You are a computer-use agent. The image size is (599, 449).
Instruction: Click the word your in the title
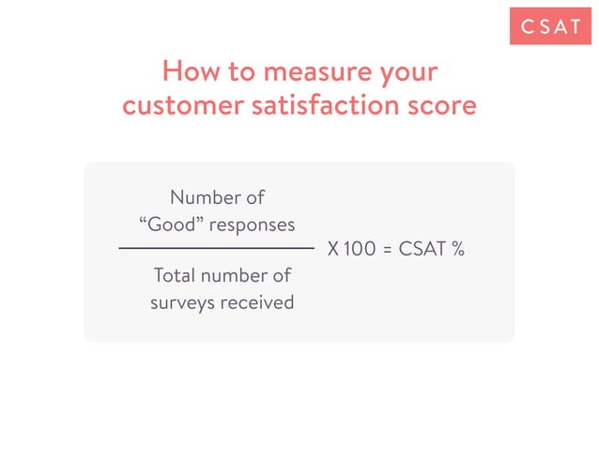tap(406, 73)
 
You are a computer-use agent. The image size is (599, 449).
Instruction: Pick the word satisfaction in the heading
tap(320, 104)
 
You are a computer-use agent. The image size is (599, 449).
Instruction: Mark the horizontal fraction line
tap(217, 248)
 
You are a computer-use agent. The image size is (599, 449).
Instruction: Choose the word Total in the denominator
tap(174, 276)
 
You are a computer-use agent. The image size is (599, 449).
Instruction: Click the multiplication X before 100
tap(333, 251)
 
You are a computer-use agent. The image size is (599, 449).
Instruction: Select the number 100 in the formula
tap(359, 251)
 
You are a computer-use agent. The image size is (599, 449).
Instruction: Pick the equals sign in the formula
tap(388, 251)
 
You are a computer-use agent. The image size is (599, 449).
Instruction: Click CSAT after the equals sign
tap(422, 251)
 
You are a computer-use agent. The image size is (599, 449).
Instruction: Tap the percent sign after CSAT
tap(459, 251)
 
